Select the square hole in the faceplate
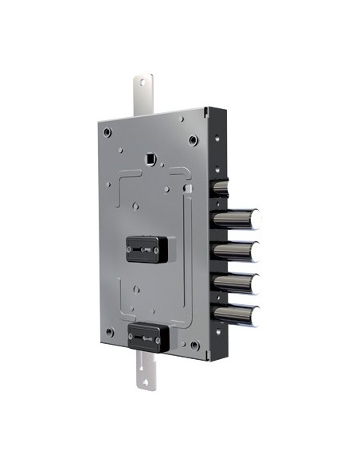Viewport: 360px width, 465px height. coord(148,159)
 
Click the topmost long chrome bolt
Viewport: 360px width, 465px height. coord(244,215)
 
